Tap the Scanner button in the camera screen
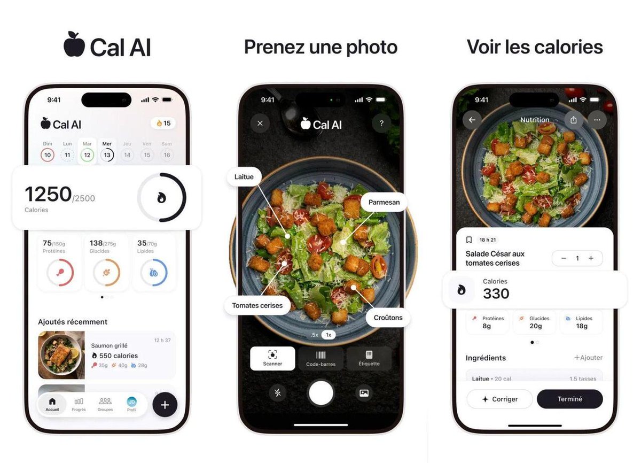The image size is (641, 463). click(x=272, y=358)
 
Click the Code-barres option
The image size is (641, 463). click(x=320, y=358)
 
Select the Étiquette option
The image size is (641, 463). click(x=369, y=358)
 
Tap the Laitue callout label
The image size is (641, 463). click(x=244, y=176)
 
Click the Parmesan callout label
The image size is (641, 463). click(x=384, y=202)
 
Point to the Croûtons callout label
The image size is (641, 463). click(x=388, y=318)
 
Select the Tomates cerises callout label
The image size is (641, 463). click(x=257, y=306)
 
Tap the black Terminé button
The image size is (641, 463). click(x=569, y=399)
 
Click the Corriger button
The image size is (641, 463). click(x=499, y=399)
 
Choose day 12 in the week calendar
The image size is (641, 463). click(x=87, y=155)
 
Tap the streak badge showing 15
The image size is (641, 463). click(x=163, y=123)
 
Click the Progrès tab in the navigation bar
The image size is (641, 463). click(x=79, y=404)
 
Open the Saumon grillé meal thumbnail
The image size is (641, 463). click(x=61, y=355)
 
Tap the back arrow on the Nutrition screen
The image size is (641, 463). click(x=472, y=120)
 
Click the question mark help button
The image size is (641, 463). click(x=381, y=124)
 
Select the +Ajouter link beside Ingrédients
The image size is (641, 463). click(x=588, y=358)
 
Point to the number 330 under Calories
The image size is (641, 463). click(x=496, y=294)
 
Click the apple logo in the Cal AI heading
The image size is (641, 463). click(x=74, y=44)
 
